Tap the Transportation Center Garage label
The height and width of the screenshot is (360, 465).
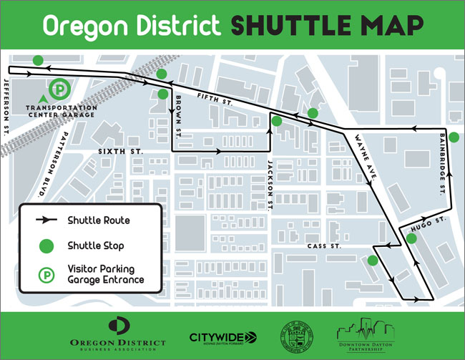(x=61, y=111)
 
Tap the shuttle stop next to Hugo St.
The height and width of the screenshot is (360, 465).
(x=411, y=238)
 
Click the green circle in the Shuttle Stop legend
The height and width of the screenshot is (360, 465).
(x=45, y=245)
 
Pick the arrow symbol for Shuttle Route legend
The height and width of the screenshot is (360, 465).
(x=45, y=220)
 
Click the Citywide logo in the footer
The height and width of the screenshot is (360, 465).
(x=222, y=337)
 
